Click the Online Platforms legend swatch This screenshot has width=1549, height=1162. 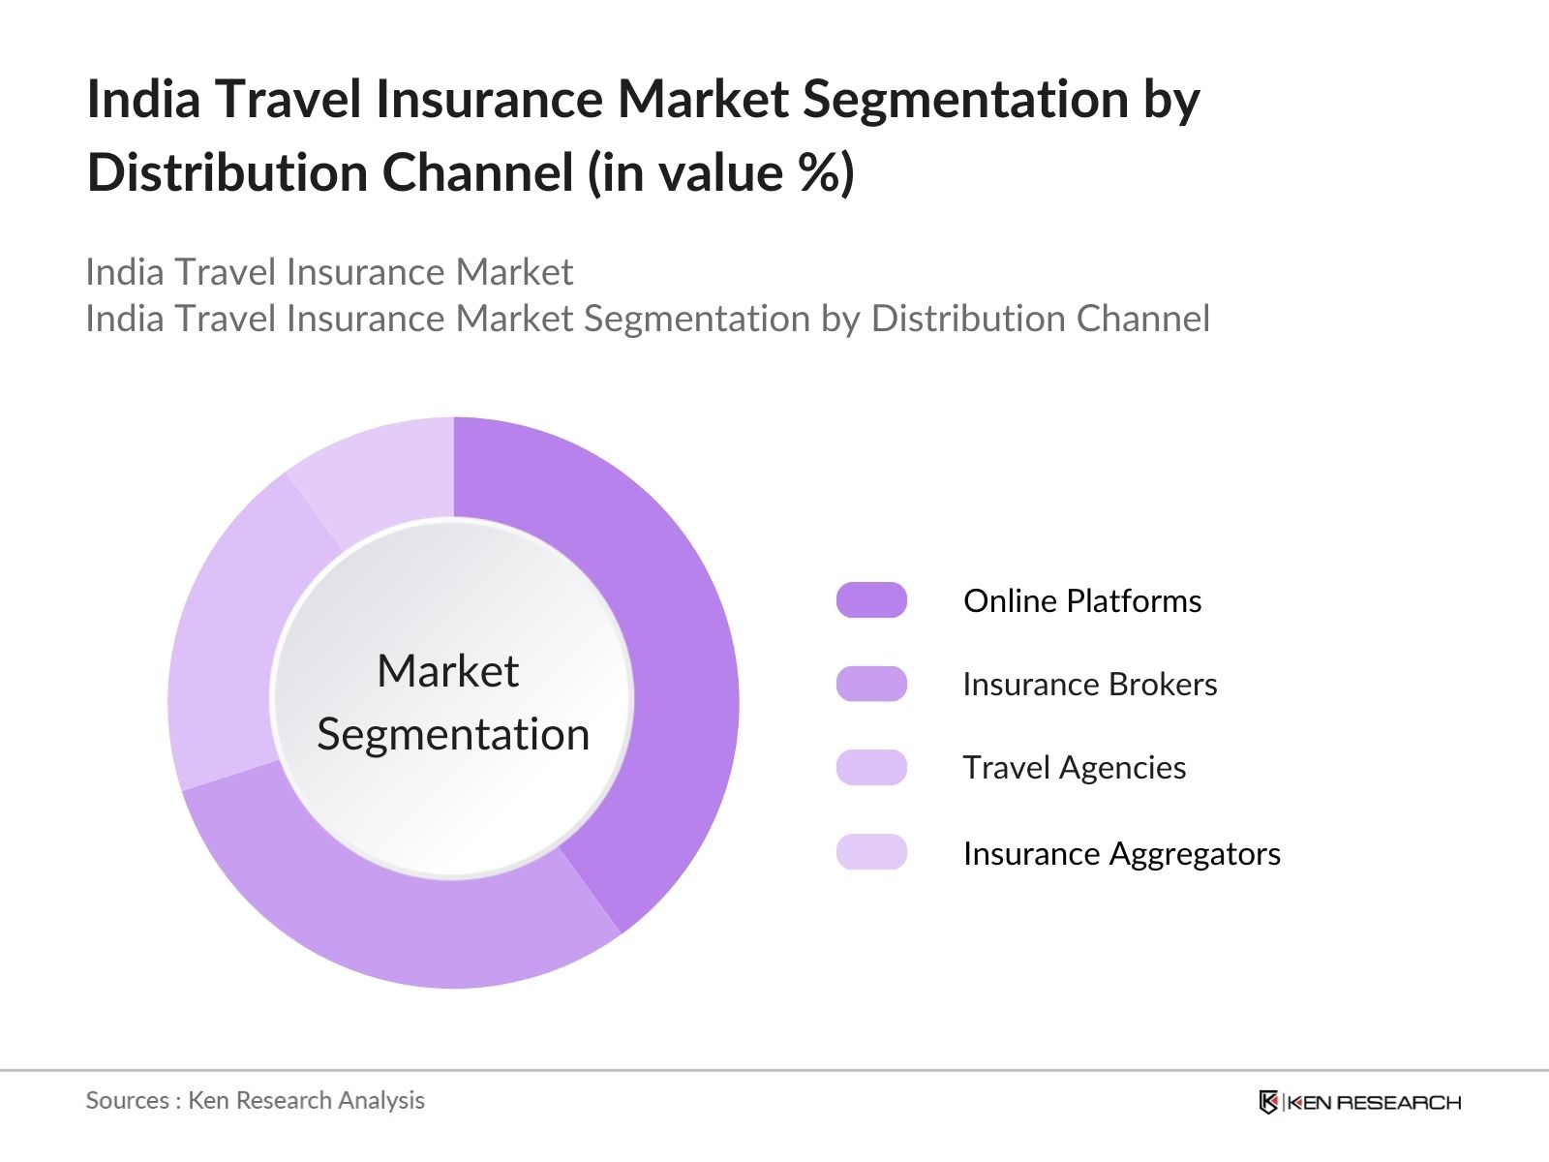[x=871, y=600]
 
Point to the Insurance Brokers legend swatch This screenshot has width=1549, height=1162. [x=871, y=684]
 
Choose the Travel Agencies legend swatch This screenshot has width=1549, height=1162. [x=871, y=768]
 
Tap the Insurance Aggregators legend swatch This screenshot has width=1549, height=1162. [x=871, y=852]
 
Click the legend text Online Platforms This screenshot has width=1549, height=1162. [x=1082, y=601]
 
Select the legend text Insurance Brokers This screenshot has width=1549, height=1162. [x=1090, y=685]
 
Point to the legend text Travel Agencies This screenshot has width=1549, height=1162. [x=1075, y=768]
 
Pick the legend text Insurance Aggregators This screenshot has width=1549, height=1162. [x=1122, y=854]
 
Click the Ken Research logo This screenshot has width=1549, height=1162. [x=1360, y=1102]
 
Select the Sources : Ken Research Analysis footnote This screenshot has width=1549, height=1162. [x=256, y=1101]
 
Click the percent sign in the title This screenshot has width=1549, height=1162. [x=820, y=172]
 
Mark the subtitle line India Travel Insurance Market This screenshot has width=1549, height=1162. [x=329, y=272]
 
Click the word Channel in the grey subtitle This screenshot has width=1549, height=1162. [x=1143, y=319]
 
